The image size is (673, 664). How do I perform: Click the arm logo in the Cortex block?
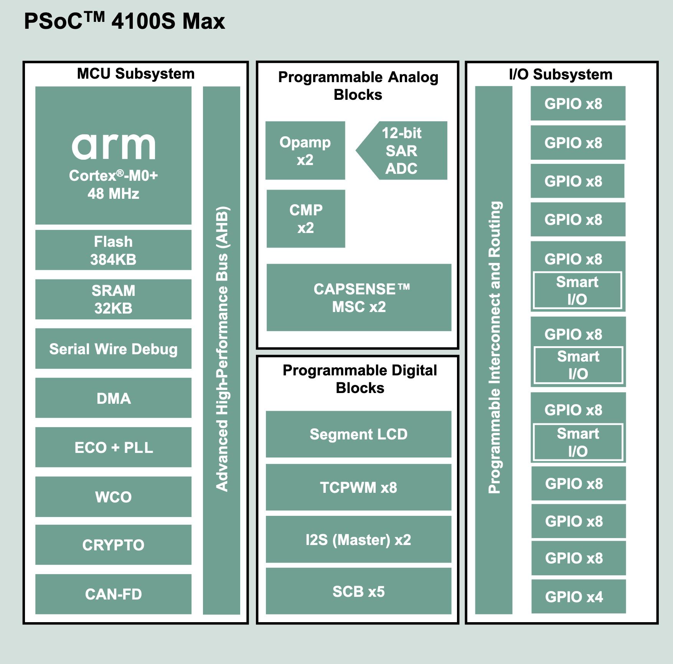pos(114,147)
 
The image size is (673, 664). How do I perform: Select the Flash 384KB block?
pos(113,250)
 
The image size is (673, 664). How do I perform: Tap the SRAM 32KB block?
pos(113,299)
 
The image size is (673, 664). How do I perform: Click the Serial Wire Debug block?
pos(113,349)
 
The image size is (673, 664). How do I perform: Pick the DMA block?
pos(113,398)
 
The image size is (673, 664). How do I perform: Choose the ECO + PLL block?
pos(113,448)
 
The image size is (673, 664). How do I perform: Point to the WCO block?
pos(113,497)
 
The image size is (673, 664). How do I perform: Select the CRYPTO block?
pos(113,545)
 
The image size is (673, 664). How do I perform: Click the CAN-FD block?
pos(113,594)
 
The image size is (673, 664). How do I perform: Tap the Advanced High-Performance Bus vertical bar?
pos(221,349)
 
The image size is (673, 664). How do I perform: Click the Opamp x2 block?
pos(305,150)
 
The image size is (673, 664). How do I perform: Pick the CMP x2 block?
pos(306,219)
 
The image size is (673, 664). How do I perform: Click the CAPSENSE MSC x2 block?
pos(359,297)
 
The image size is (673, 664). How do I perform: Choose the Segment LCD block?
pos(358,434)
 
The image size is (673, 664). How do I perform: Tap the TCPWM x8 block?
pos(358,487)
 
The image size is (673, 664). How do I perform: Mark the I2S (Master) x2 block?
pos(358,540)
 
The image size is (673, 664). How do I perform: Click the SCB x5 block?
pos(358,591)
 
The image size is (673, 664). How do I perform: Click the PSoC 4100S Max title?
pos(124,21)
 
